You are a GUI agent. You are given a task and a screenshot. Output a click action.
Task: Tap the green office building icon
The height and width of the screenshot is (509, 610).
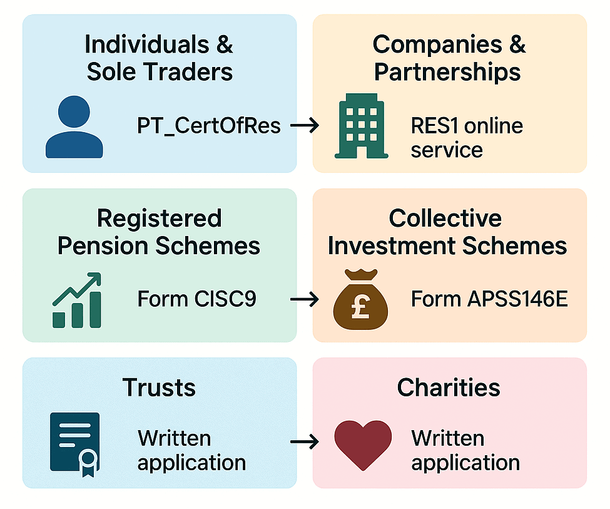point(362,126)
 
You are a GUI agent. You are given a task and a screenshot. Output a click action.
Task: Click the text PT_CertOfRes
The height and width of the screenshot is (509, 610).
point(209,126)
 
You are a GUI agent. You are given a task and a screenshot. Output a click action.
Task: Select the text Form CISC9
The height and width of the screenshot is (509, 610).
point(196,299)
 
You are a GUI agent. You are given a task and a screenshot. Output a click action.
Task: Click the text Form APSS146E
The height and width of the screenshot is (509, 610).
point(489,299)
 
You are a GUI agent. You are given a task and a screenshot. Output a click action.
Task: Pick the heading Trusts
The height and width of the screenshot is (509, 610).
point(159,388)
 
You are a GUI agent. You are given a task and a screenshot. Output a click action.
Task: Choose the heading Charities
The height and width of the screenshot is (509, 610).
point(449,388)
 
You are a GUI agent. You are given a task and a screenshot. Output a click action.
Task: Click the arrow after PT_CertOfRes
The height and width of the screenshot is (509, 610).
point(305,126)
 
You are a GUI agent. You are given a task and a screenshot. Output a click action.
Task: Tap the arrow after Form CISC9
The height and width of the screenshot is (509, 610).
point(305,300)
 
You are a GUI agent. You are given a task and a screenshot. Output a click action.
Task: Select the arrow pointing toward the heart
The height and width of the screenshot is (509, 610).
point(305,442)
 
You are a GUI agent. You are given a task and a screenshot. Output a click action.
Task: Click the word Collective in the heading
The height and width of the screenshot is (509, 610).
point(445,219)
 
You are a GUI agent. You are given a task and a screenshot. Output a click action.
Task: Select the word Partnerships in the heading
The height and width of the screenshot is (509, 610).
point(447,72)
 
